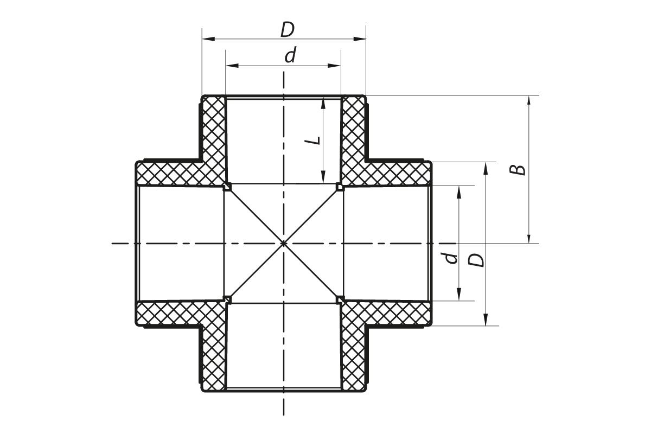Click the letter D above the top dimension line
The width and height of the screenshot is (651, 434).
coord(288,30)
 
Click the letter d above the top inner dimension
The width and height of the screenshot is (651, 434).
coord(290,55)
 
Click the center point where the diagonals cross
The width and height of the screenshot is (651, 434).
coord(284,243)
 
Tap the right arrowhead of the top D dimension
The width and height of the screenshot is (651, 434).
coord(360,39)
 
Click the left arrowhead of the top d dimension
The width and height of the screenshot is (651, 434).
coord(232,66)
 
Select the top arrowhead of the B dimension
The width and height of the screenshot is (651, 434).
coord(529,102)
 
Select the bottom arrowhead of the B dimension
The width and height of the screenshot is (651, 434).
coord(529,237)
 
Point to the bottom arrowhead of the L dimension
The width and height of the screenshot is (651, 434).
coord(323,177)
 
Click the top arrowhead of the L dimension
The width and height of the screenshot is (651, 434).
coord(323,105)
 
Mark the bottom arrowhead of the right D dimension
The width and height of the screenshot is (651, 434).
coord(486,319)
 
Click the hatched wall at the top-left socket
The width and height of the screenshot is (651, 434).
coord(214,137)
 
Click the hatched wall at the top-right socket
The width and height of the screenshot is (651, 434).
coord(353,137)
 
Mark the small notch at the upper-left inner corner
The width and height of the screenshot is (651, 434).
coord(227,187)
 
